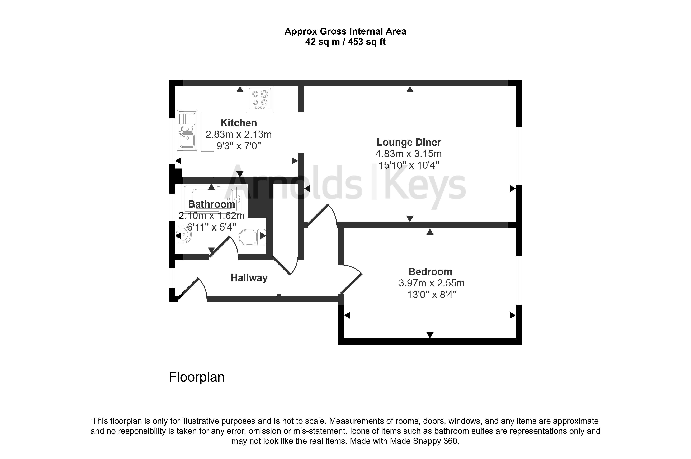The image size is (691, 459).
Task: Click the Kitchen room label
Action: click(x=239, y=123)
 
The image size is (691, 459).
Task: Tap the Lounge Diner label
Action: click(x=409, y=142)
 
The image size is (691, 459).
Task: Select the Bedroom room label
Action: click(x=430, y=272)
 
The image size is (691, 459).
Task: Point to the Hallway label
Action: click(x=249, y=278)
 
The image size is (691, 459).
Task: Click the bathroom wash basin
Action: click(x=183, y=234)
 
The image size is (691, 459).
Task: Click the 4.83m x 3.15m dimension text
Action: click(x=409, y=154)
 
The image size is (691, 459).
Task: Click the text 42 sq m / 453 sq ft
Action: click(x=345, y=42)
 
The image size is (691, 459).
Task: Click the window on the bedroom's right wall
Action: click(x=519, y=280)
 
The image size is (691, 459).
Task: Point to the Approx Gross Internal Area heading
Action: click(x=345, y=31)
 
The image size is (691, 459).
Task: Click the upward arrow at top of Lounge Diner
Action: click(x=410, y=89)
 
